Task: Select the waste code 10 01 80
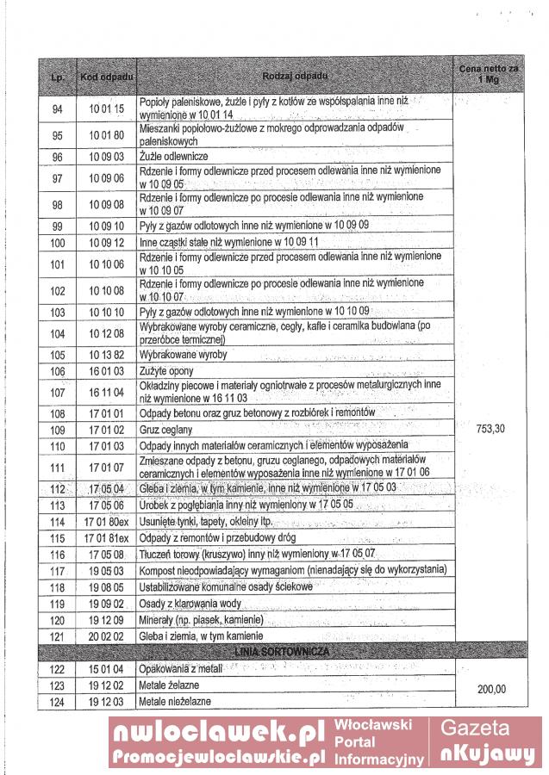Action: (x=106, y=135)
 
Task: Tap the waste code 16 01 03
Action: (x=106, y=371)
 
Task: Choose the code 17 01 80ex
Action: (x=106, y=523)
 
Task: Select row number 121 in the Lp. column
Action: (x=58, y=635)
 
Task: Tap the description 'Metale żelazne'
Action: (x=175, y=685)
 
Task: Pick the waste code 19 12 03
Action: (x=106, y=702)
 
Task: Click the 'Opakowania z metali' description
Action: (x=183, y=669)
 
